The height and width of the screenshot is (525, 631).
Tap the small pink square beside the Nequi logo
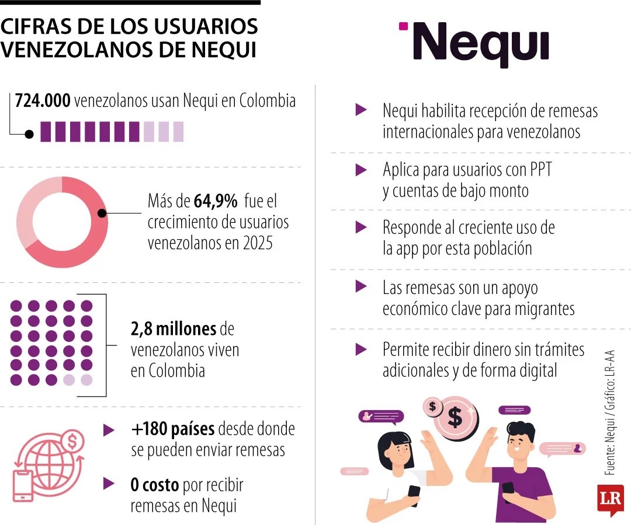click(403, 26)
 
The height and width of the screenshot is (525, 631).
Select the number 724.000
click(43, 100)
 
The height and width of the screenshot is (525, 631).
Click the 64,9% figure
click(216, 202)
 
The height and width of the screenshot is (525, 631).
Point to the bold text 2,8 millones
click(174, 329)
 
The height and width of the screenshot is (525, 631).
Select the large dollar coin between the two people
click(455, 416)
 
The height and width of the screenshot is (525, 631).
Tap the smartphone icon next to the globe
click(24, 485)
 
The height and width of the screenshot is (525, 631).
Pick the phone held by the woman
click(414, 494)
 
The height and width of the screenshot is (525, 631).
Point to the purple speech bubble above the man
click(514, 410)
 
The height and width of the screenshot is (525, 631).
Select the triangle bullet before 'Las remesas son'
click(362, 286)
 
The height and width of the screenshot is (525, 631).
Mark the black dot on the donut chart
click(102, 213)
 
